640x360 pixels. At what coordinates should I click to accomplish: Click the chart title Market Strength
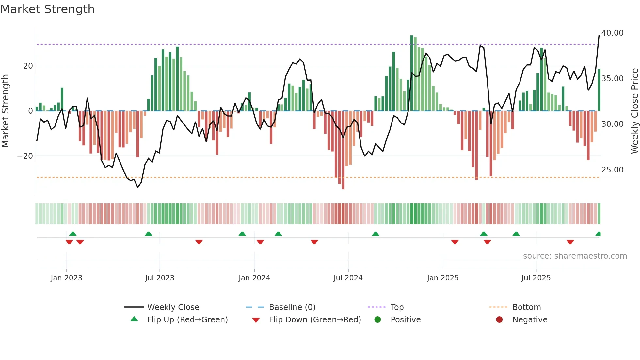[47, 9]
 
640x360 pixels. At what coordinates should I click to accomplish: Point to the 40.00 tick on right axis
[612, 33]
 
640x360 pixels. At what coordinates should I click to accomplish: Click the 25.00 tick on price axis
[612, 170]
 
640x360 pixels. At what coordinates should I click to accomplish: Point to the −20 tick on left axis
[25, 156]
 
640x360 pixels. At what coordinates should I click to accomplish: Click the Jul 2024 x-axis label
[348, 278]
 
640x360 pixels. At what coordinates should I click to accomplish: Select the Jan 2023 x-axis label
[66, 278]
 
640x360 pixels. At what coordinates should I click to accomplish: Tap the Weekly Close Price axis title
[634, 111]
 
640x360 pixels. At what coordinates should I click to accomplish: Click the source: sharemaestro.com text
[575, 256]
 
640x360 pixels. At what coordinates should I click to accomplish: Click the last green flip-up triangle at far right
[598, 234]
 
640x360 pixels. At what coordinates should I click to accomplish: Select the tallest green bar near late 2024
[412, 73]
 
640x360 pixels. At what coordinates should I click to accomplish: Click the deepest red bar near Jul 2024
[343, 150]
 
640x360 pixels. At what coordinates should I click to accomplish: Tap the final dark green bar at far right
[599, 90]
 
